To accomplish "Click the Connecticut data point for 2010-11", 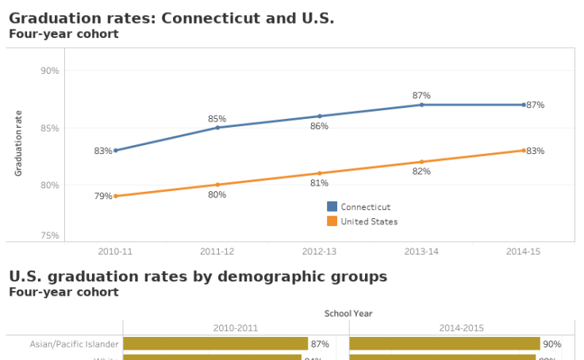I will pyautogui.click(x=116, y=150).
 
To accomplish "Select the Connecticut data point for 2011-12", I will pyautogui.click(x=217, y=128).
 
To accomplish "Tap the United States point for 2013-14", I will pyautogui.click(x=421, y=162).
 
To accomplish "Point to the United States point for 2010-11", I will pyautogui.click(x=116, y=196).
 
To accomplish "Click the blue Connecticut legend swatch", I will pyautogui.click(x=332, y=206).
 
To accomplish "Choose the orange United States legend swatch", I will pyautogui.click(x=332, y=221).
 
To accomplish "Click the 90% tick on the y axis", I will pyautogui.click(x=49, y=71).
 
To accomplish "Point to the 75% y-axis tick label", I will pyautogui.click(x=49, y=236).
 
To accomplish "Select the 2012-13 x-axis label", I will pyautogui.click(x=319, y=251).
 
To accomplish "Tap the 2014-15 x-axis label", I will pyautogui.click(x=523, y=251).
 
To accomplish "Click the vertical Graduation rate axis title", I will pyautogui.click(x=19, y=143).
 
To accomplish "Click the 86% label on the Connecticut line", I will pyautogui.click(x=319, y=126).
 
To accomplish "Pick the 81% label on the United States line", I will pyautogui.click(x=319, y=183).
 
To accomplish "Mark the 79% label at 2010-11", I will pyautogui.click(x=103, y=196).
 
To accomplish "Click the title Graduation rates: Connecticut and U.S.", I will pyautogui.click(x=171, y=18).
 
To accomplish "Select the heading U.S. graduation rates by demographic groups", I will pyautogui.click(x=198, y=277).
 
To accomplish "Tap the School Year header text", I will pyautogui.click(x=348, y=313).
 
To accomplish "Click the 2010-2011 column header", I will pyautogui.click(x=236, y=327).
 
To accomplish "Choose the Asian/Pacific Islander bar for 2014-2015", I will pyautogui.click(x=444, y=343).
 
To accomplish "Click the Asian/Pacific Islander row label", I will pyautogui.click(x=75, y=344).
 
